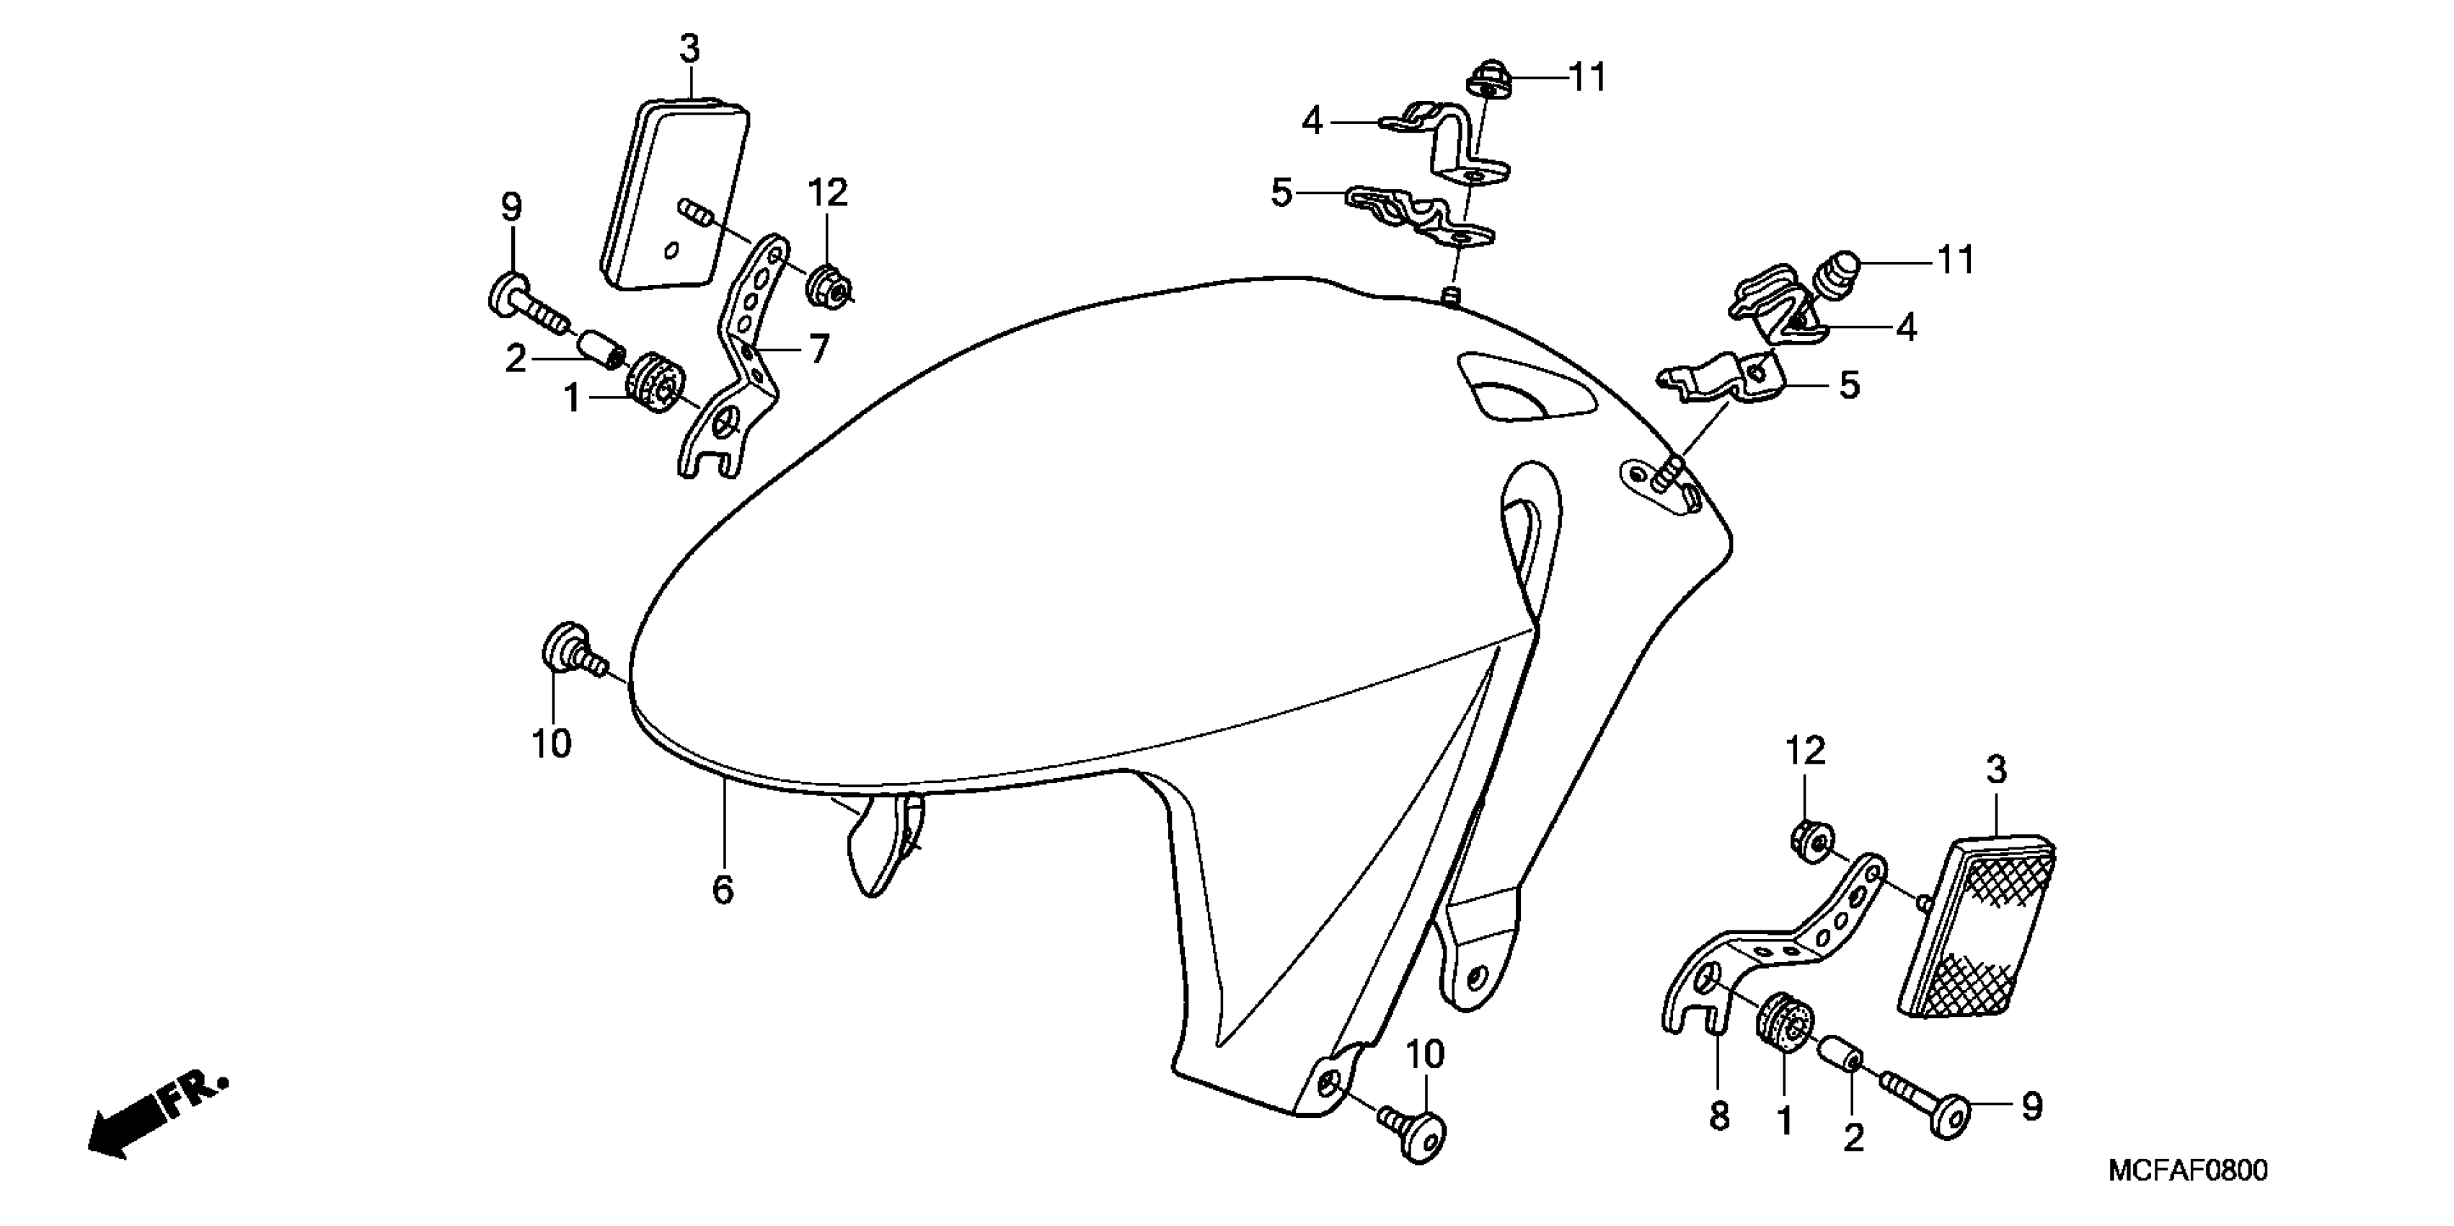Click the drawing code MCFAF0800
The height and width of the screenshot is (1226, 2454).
[2187, 1170]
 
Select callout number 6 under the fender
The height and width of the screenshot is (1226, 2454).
[723, 890]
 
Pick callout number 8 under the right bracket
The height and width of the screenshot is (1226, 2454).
[1718, 1116]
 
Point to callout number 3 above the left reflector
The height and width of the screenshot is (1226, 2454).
[689, 48]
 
